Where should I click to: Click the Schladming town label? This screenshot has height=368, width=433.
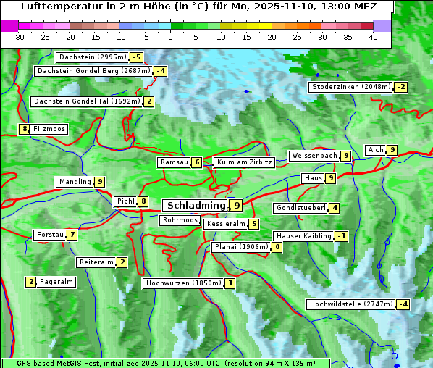[196, 206]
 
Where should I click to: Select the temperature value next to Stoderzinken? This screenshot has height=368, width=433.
[400, 88]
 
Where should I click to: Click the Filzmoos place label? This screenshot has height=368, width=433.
[49, 129]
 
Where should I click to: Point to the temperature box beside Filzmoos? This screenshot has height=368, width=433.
[25, 129]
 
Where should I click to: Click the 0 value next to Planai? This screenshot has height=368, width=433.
[277, 247]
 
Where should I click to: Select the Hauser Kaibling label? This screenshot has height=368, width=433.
[303, 236]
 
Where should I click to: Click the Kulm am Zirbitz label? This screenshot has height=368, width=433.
[243, 162]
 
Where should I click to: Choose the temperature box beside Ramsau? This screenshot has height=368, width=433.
[197, 162]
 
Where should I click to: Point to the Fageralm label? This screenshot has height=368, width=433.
[56, 282]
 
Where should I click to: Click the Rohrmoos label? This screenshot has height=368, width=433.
[180, 220]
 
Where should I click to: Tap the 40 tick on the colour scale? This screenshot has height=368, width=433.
[373, 37]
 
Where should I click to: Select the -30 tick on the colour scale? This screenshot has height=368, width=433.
[19, 37]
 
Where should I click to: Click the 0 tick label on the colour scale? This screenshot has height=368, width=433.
[171, 37]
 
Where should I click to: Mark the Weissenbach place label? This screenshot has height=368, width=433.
[314, 156]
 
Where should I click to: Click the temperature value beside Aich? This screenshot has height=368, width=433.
[392, 150]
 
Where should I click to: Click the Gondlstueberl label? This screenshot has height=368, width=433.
[301, 208]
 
